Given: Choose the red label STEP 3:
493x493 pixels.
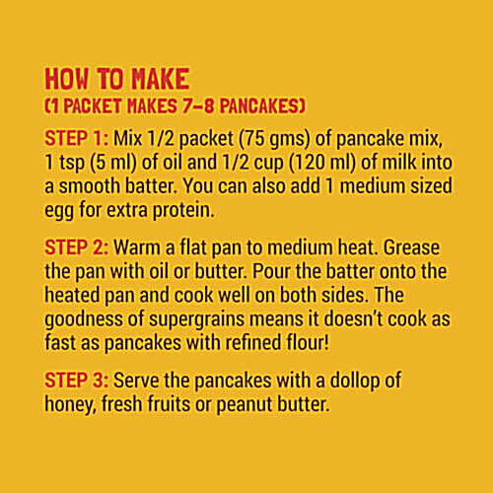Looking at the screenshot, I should click(x=78, y=381).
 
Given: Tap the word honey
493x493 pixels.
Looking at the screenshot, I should click(x=72, y=404).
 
